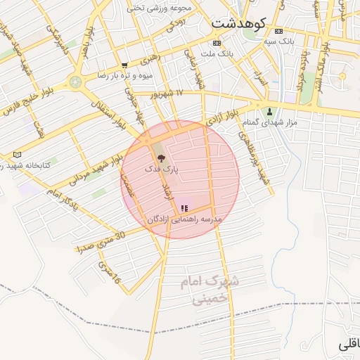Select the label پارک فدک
point(162,169)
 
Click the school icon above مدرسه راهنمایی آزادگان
point(184,208)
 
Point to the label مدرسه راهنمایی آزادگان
point(184,219)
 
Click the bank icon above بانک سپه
point(279,32)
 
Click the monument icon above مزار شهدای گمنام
point(269,111)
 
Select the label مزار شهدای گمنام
point(269,122)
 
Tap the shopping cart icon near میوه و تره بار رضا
point(124,65)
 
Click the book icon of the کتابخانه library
point(18,154)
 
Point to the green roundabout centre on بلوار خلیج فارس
point(75,82)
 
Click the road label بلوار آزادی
point(223,117)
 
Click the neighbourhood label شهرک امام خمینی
point(210,290)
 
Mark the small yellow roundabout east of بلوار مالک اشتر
point(342,76)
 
